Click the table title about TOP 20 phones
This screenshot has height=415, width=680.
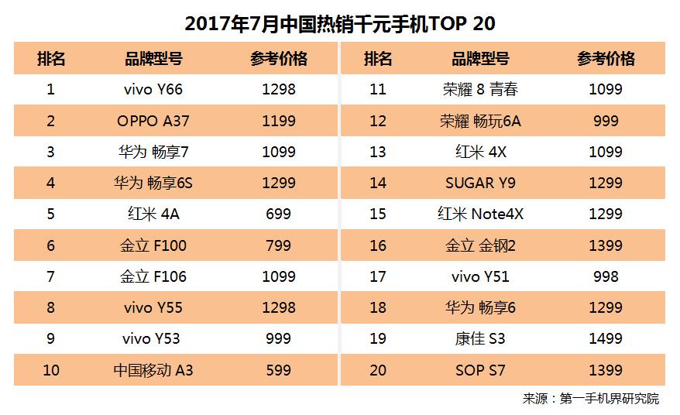[340, 23]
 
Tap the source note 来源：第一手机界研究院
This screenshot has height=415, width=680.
[590, 399]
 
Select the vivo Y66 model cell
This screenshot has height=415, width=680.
[153, 89]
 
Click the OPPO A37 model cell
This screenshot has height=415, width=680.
[153, 121]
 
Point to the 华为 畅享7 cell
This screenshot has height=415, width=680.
[153, 152]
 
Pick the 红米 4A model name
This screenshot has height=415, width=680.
[153, 214]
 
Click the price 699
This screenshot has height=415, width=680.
[278, 214]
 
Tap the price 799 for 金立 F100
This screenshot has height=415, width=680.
[278, 245]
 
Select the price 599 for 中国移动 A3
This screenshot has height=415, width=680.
[278, 370]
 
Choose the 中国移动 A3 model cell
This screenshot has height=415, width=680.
[153, 370]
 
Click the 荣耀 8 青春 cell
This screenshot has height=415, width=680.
[479, 89]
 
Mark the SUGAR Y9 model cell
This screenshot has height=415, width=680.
[479, 183]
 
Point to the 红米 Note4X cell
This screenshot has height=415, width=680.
[479, 214]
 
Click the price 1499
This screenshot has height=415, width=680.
[605, 338]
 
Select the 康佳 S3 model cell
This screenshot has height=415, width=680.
[479, 338]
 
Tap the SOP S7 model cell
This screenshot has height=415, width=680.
[479, 370]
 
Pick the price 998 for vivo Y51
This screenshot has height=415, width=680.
[605, 276]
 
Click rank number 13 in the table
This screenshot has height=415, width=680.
[377, 152]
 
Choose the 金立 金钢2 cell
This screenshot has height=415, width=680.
[479, 245]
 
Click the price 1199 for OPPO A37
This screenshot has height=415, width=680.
[278, 121]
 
